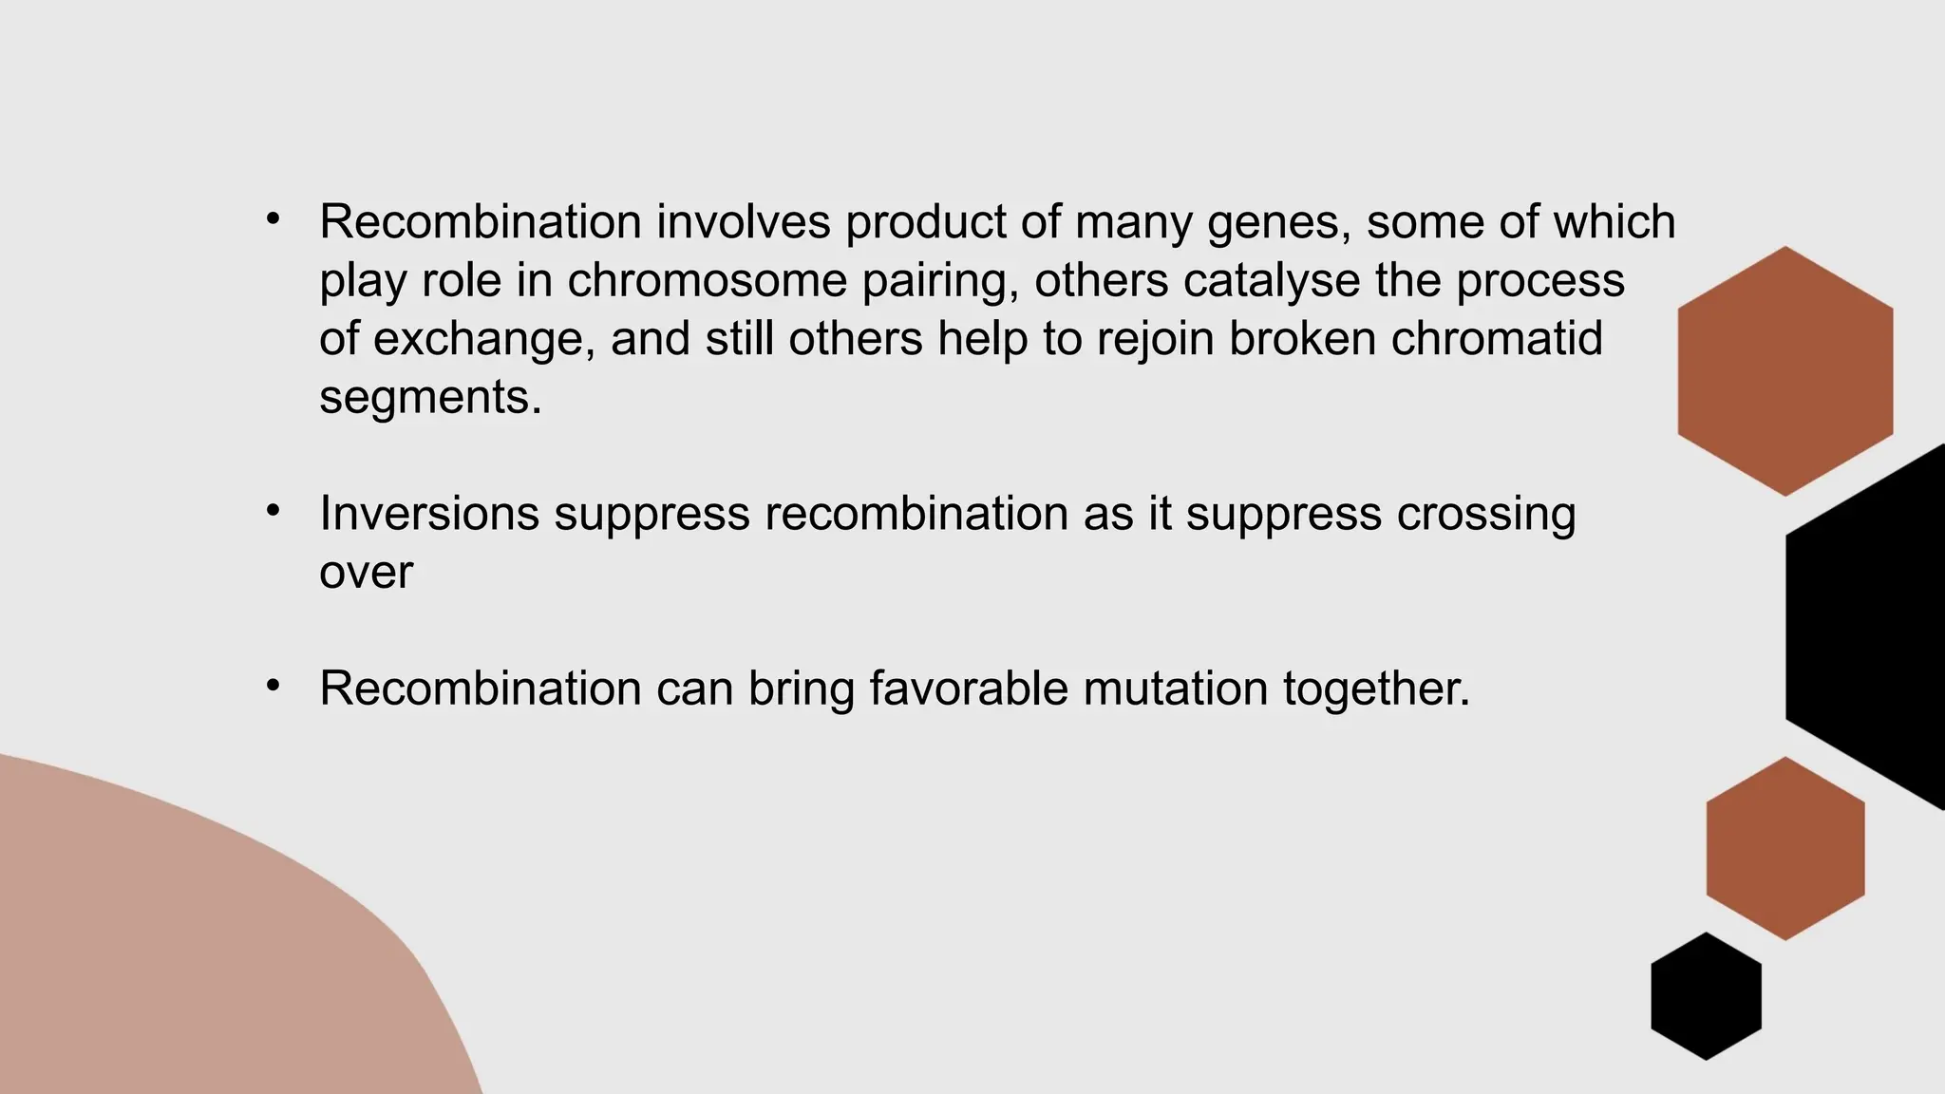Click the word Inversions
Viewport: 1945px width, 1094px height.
429,514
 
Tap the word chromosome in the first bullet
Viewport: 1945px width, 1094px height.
707,281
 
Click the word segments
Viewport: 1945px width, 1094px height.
429,397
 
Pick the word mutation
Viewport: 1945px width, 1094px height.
1175,688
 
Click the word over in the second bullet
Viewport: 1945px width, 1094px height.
366,573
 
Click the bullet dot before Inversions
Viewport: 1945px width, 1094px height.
274,512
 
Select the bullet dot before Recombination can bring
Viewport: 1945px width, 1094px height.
274,686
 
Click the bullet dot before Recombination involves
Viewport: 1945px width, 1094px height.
274,219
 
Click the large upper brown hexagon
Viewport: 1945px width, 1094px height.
1784,371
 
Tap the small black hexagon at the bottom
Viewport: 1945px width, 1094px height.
1706,995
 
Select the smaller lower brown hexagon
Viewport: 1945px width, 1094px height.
1784,848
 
